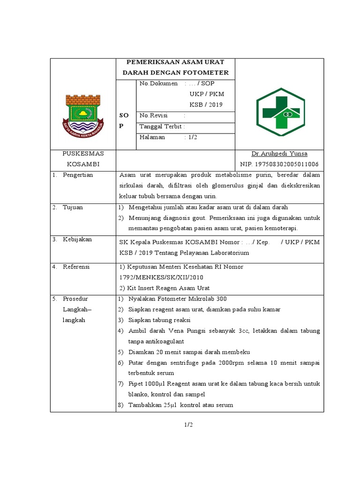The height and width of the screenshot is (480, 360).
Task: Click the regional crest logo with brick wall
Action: pos(83,114)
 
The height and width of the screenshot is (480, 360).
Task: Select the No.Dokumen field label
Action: pos(158,83)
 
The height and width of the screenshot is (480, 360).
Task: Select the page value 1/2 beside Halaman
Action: pos(192,137)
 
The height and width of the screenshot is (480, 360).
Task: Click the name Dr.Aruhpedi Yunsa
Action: pos(279,154)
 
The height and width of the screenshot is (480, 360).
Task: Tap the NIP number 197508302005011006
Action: pos(279,164)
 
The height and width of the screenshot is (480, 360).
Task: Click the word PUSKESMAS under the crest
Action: pos(83,154)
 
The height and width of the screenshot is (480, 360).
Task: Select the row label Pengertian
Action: pos(78,175)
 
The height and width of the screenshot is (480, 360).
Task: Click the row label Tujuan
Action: pos(73,207)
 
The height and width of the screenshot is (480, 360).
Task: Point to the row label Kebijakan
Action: pos(77,239)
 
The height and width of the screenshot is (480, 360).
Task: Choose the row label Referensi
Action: pos(76,267)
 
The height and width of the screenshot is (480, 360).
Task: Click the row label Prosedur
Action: pos(75,299)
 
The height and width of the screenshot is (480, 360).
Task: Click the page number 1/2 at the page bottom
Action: pos(188,425)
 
